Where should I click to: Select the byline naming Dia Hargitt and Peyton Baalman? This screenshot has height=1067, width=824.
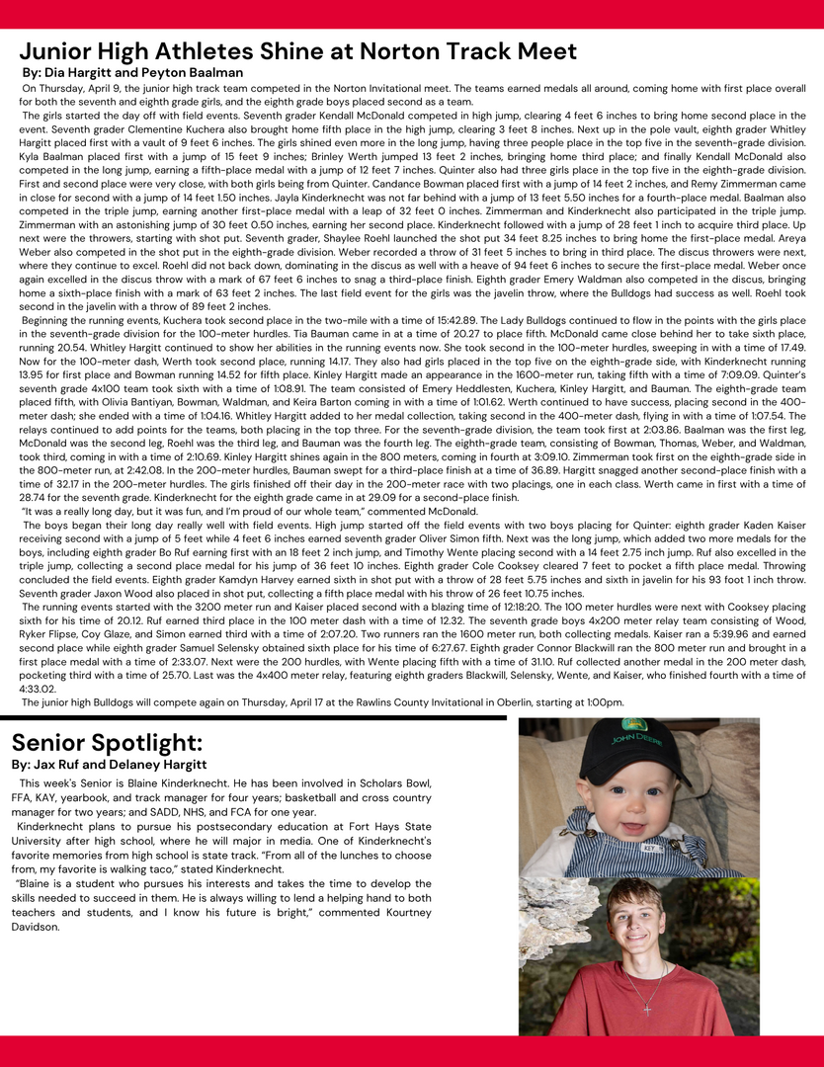(x=132, y=72)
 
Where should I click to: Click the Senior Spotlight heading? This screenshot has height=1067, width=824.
(x=107, y=741)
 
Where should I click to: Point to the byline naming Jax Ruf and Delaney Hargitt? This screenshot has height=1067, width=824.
(x=109, y=764)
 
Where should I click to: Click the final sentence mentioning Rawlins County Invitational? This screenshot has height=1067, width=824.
(x=323, y=701)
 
